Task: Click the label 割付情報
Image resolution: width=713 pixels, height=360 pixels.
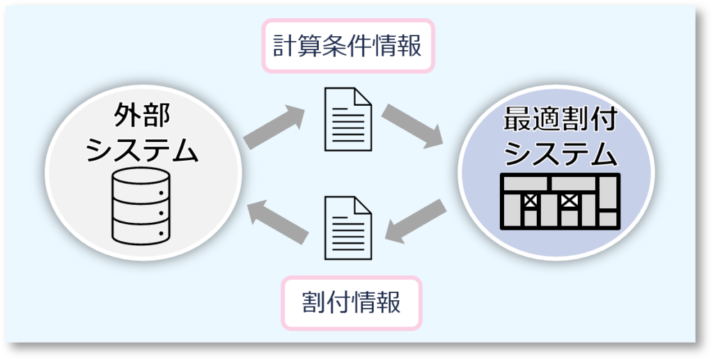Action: click(x=352, y=303)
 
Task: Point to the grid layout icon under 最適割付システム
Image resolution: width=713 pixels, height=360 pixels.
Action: click(x=561, y=201)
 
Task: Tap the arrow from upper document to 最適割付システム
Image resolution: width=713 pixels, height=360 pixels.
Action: click(x=412, y=127)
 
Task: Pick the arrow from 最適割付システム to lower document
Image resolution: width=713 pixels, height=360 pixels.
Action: click(x=416, y=221)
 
